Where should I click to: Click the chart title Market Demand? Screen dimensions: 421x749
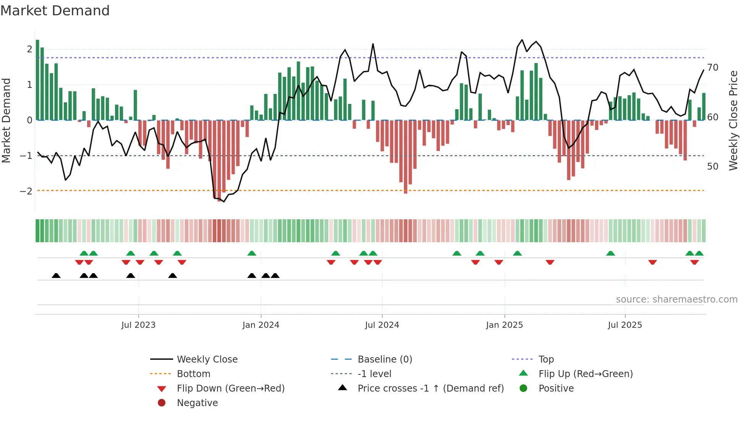(55, 11)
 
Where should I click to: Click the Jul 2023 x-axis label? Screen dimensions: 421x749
(138, 325)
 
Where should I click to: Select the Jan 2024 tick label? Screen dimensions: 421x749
(261, 325)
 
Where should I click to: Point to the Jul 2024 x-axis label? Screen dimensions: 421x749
(382, 325)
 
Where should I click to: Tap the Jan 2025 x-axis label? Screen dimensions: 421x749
(504, 325)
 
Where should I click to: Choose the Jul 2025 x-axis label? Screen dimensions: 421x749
(625, 325)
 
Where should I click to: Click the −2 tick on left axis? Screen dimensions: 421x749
(26, 191)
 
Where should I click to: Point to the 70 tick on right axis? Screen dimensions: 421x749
(713, 68)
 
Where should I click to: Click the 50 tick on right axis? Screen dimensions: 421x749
(713, 167)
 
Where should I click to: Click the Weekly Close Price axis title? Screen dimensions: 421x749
(733, 120)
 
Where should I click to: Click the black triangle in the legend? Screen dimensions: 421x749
(343, 388)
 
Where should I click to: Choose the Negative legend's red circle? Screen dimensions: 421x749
(162, 403)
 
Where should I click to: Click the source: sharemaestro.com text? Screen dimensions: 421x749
(676, 300)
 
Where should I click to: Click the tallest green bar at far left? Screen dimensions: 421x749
(37, 80)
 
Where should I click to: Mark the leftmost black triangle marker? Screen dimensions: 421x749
(56, 275)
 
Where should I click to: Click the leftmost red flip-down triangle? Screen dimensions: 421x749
(79, 262)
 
